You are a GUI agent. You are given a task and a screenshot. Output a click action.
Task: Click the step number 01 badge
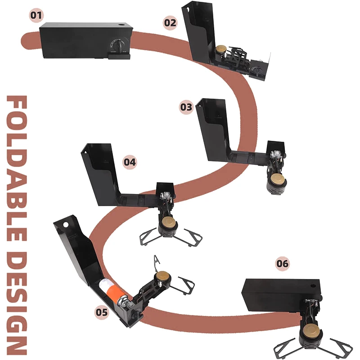(x=36, y=15)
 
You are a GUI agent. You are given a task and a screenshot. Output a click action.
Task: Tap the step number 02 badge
(x=170, y=23)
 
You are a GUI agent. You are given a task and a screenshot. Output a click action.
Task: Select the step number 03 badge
(x=186, y=107)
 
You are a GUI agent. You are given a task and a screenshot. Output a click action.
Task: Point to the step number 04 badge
(x=130, y=162)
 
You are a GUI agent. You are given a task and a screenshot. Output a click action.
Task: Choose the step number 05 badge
(x=102, y=312)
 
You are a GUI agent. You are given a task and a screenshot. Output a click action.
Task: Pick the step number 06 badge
(x=283, y=264)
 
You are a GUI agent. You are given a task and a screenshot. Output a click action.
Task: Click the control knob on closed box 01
(x=118, y=45)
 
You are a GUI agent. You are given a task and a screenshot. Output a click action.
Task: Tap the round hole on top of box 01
(x=121, y=24)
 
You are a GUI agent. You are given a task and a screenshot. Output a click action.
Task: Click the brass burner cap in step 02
(x=221, y=49)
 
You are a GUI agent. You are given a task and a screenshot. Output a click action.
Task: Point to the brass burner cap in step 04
(x=170, y=222)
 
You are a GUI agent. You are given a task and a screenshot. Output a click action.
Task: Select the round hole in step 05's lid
(x=66, y=224)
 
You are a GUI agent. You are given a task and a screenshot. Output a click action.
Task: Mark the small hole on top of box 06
(x=313, y=286)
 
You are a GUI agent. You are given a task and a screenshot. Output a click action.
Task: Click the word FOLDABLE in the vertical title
(x=17, y=168)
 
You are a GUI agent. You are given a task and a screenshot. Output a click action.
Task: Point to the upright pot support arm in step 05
(x=157, y=263)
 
